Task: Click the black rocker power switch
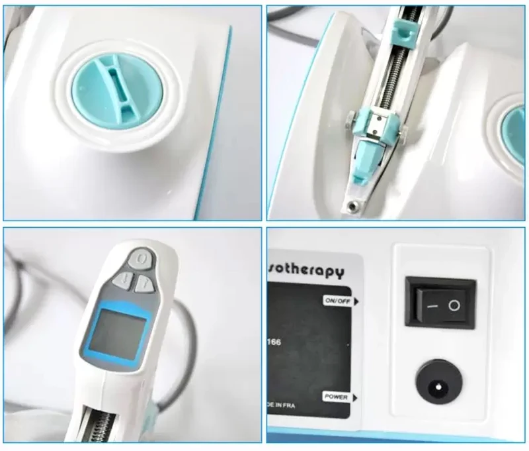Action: coord(440,302)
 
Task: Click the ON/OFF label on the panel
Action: coord(337,301)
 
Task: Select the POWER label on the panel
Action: coord(336,396)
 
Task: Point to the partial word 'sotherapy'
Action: coord(306,272)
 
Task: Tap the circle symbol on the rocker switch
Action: coord(454,305)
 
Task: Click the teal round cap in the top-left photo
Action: coord(105,87)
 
